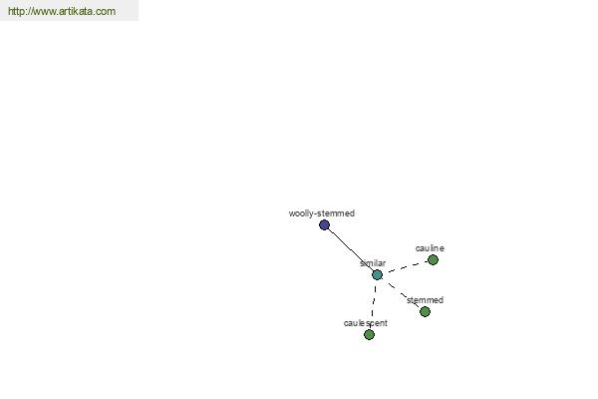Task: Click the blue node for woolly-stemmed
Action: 324,224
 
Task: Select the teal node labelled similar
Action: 377,274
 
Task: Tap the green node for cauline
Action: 433,260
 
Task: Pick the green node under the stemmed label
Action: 426,311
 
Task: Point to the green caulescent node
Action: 369,334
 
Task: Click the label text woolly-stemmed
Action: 322,213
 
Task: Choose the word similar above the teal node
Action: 373,263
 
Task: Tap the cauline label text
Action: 430,248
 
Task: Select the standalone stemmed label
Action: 425,300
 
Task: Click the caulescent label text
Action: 366,323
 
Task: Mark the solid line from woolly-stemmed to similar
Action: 351,249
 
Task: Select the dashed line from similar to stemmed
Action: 402,293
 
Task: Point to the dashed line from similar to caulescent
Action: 374,304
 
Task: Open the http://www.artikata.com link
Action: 62,11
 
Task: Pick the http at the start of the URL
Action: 16,11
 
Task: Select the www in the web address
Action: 45,11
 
